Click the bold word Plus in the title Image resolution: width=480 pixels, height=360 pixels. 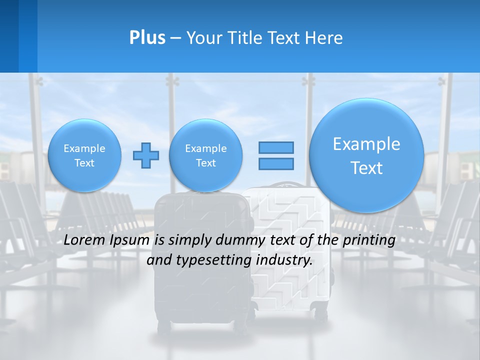point(147,38)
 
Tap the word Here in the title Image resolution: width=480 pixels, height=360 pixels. point(325,38)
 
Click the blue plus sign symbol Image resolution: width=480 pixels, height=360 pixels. point(146,155)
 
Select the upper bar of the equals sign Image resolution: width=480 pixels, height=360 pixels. point(276,147)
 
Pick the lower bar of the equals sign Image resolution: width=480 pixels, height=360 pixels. point(276,163)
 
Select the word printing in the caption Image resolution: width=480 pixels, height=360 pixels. point(370,240)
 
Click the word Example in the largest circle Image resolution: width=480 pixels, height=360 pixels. point(366,144)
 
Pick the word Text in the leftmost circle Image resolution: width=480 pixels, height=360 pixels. point(84,163)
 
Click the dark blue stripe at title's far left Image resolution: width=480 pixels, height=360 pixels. point(9,36)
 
